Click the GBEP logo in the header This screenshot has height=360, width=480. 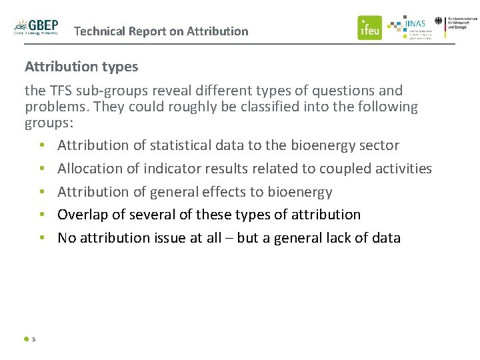point(37,27)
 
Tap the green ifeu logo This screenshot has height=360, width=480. point(369,28)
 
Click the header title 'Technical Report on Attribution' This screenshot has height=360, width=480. point(161,31)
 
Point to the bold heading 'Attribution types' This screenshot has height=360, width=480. point(81,67)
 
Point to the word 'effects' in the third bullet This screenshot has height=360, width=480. point(223,192)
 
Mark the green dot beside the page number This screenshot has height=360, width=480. point(26,339)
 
